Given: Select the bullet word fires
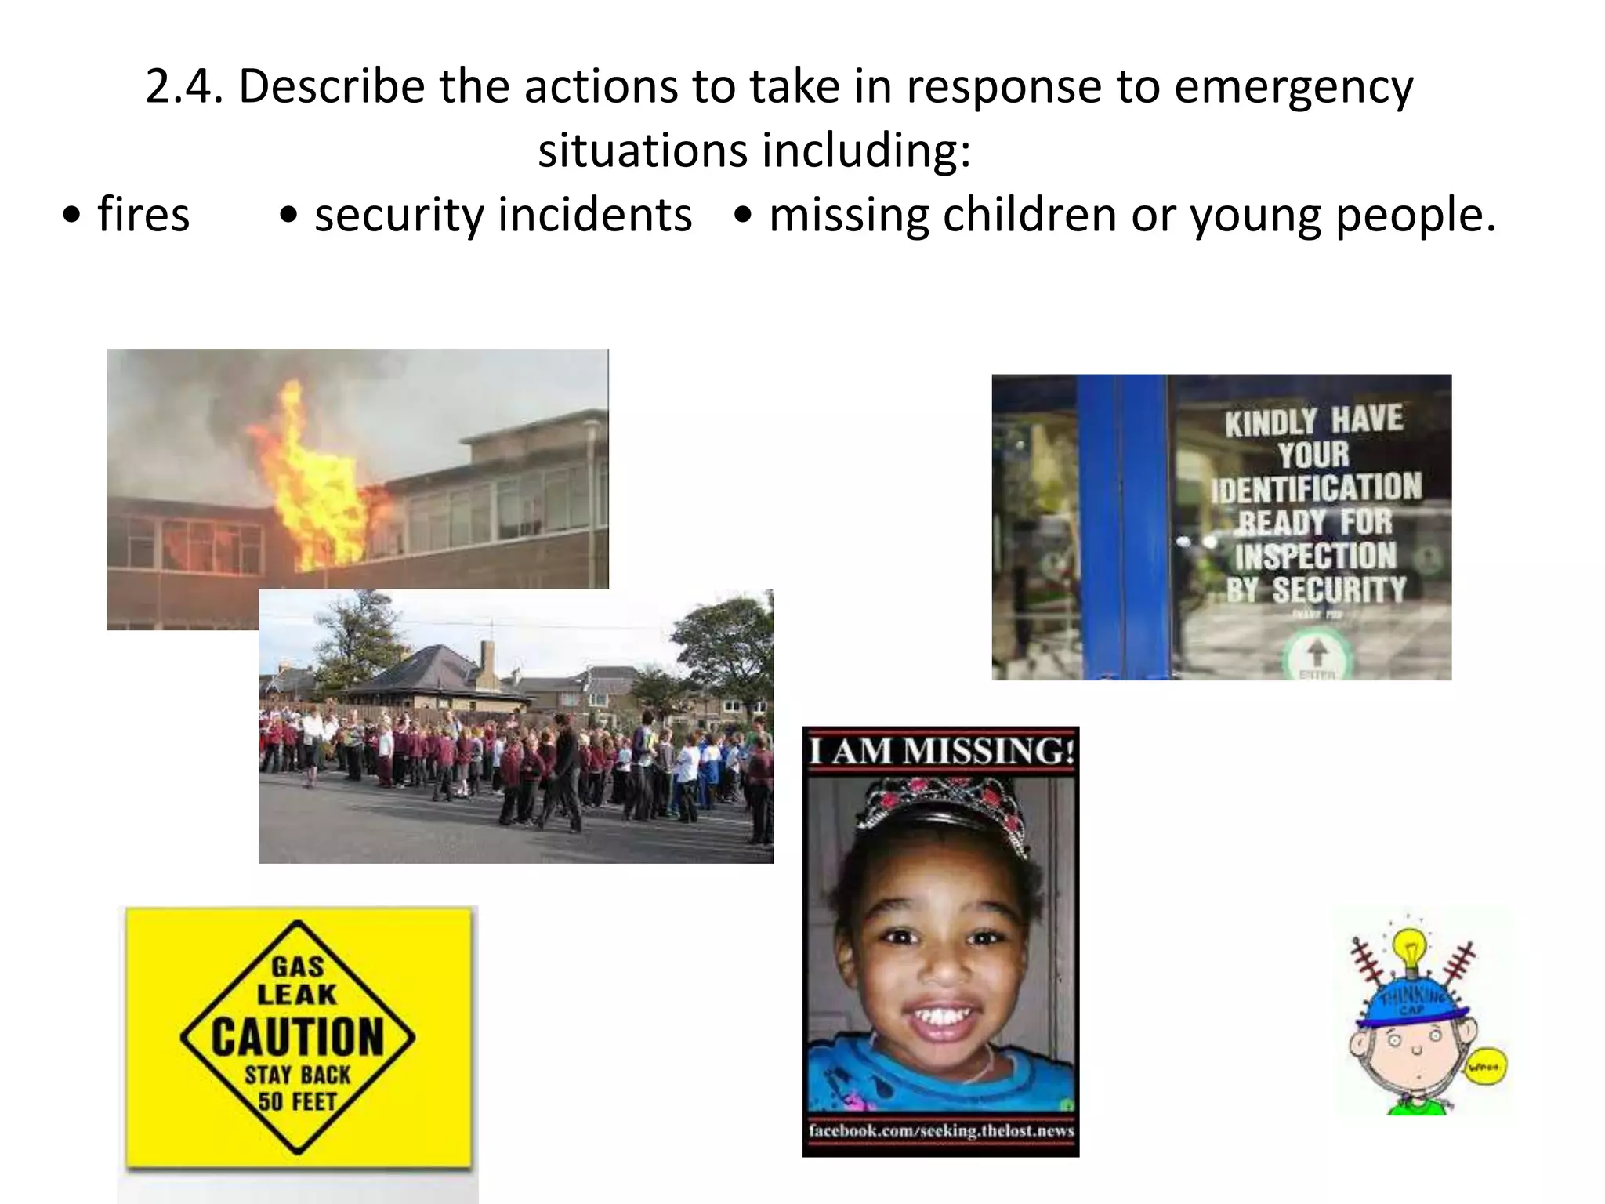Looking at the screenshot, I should coord(143,215).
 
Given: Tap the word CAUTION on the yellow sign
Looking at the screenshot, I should coord(298,1037).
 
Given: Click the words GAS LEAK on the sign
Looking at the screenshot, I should coord(297,981).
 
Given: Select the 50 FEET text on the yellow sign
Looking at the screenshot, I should coord(297,1101).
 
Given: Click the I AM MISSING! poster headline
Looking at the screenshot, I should coord(940,752).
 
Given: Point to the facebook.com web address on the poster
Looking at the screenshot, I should coord(940,1130).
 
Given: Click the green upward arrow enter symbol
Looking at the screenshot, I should coord(1317,651).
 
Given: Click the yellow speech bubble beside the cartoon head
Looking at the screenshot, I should coord(1486,1066).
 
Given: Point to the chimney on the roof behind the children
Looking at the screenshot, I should coord(488,659).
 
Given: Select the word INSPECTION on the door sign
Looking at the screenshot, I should coord(1317,556).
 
